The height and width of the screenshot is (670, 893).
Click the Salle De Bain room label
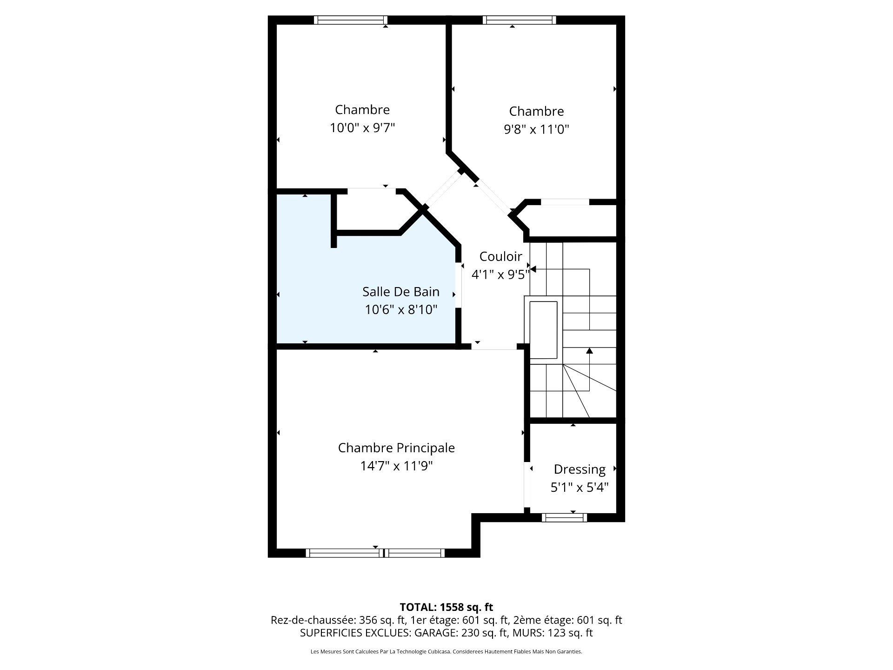tap(401, 292)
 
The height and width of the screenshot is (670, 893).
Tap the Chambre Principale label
tap(396, 448)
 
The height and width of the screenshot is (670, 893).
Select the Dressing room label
tap(580, 469)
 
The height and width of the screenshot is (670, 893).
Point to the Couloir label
tap(500, 256)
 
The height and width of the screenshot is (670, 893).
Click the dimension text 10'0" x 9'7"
tap(362, 127)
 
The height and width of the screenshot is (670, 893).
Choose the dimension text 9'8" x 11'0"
tap(537, 129)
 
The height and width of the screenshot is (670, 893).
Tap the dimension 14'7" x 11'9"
tap(396, 466)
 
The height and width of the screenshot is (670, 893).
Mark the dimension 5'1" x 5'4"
tap(580, 488)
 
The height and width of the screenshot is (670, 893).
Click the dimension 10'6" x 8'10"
tap(401, 309)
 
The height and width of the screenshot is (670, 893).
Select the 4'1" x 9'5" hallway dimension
tap(500, 275)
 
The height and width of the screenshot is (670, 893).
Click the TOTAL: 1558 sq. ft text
tap(446, 607)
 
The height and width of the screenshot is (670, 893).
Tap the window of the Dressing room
tap(564, 517)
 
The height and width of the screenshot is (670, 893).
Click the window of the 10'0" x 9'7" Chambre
tap(350, 20)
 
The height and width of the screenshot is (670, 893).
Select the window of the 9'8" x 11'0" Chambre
tap(520, 20)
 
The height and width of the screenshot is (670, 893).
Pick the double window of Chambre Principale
tap(375, 553)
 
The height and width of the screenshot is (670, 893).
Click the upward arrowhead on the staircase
tap(589, 350)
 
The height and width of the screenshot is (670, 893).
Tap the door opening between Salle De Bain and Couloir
tap(459, 285)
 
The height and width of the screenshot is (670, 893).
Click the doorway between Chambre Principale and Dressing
tap(527, 485)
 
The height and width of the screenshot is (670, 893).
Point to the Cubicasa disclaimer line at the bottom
tap(446, 652)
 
